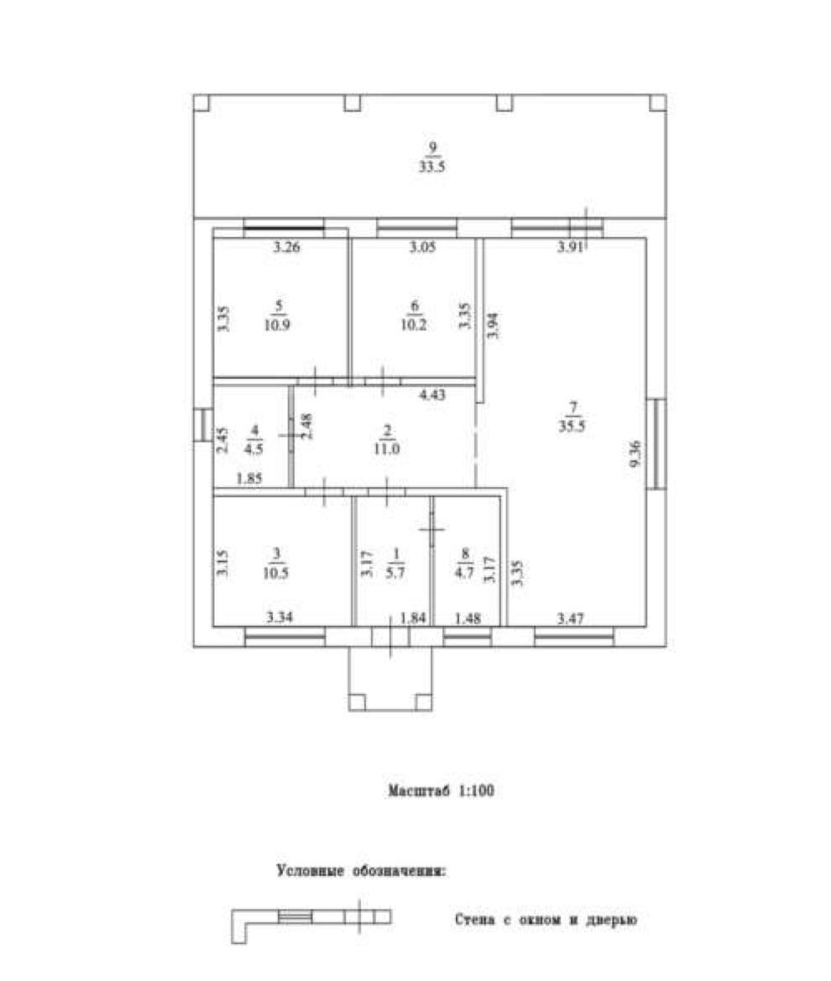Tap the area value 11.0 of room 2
tap(386, 449)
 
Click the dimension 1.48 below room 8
tap(468, 619)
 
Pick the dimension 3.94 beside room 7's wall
tap(493, 324)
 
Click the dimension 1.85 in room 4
tap(250, 480)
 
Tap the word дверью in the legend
tap(614, 921)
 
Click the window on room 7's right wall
tap(659, 443)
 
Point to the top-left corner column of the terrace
tap(201, 102)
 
